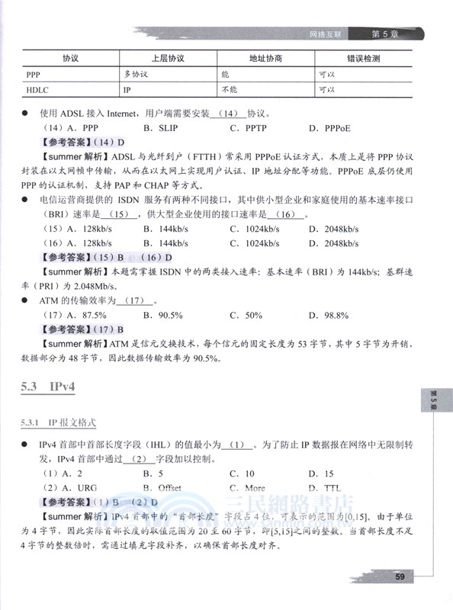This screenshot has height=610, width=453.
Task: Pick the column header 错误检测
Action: click(363, 58)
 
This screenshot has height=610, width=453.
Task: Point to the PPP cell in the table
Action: click(34, 75)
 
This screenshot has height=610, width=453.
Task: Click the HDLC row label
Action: click(37, 89)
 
